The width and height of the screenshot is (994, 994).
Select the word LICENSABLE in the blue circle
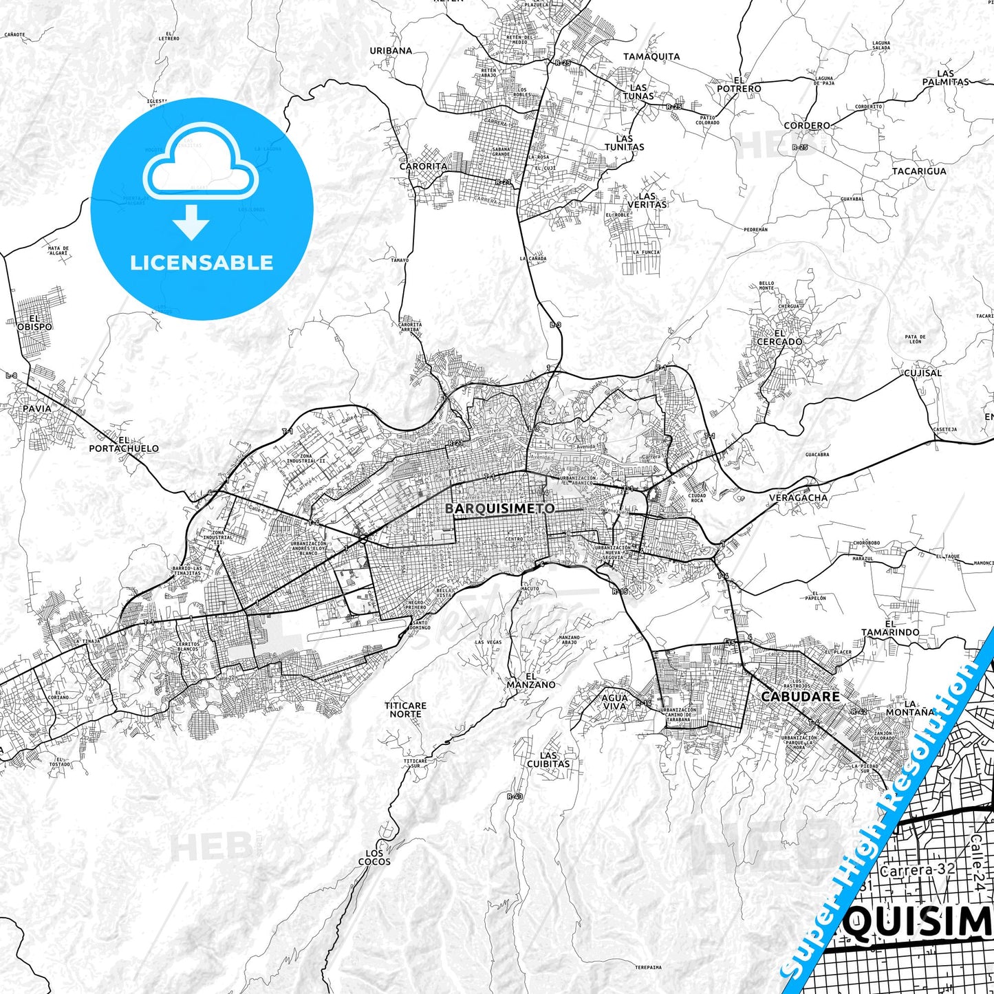tap(202, 262)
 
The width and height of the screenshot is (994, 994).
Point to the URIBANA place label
tap(391, 50)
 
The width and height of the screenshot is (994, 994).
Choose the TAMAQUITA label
tap(651, 56)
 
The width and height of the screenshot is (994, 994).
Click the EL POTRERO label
tap(739, 85)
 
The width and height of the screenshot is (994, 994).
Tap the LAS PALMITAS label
tap(945, 77)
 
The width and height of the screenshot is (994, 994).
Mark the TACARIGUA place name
tap(919, 171)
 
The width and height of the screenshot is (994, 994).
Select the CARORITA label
tap(423, 166)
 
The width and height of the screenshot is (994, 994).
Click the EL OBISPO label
tap(35, 323)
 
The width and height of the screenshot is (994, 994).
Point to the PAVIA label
tap(36, 408)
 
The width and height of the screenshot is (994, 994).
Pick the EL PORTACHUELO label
tap(124, 444)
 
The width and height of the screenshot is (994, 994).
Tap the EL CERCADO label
tap(779, 337)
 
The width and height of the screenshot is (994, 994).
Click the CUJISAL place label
tap(922, 373)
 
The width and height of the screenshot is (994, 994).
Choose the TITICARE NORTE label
tap(405, 710)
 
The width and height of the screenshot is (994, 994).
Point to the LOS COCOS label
tap(374, 857)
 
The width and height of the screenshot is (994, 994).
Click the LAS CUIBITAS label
tap(548, 759)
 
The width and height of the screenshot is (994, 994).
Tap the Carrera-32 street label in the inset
tap(918, 869)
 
